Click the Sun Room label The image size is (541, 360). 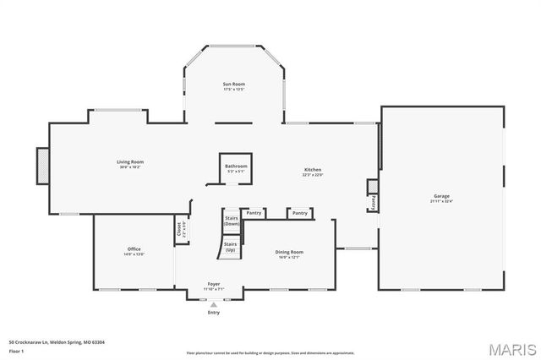click(233, 84)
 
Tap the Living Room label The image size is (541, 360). click(130, 161)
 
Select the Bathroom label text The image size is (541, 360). click(236, 166)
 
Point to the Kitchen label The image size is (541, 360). click(313, 170)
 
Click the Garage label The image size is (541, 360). click(442, 196)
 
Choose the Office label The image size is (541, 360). click(134, 248)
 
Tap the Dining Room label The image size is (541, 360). click(289, 252)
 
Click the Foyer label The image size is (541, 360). click(214, 284)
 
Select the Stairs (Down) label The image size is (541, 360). click(231, 220)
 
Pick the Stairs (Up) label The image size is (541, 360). click(230, 246)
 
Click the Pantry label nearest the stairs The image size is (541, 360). click(254, 213)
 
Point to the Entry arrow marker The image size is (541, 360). click(214, 304)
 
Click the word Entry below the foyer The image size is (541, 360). click(214, 313)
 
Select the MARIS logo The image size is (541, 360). click(511, 348)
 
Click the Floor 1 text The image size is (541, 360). click(17, 350)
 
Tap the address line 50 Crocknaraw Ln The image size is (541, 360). click(63, 342)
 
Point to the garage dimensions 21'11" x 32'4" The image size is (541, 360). click(442, 201)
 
